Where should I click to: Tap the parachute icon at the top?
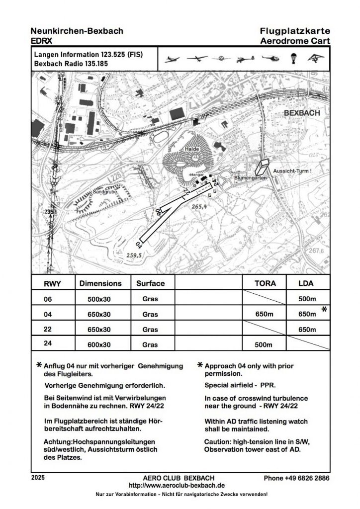293,59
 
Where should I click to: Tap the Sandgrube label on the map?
104,192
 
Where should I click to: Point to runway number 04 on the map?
139,245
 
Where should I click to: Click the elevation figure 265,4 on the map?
198,206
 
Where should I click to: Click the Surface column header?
150,283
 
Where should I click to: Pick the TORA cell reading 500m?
264,344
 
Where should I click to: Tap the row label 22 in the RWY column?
48,329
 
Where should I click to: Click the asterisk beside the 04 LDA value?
324,310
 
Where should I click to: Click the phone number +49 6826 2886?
297,478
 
